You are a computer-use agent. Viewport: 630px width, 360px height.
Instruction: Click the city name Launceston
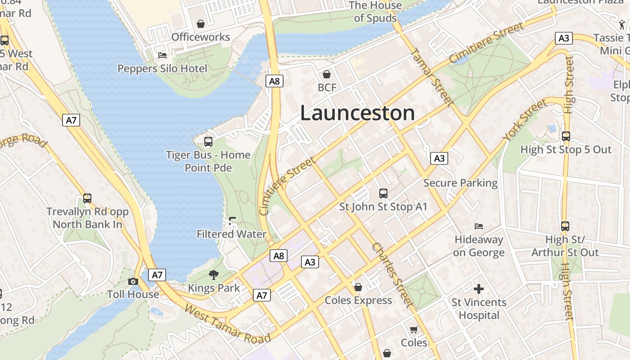(x=357, y=113)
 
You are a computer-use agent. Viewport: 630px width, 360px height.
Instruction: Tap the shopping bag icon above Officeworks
(x=201, y=23)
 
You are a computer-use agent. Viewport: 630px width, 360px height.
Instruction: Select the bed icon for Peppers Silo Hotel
(x=162, y=55)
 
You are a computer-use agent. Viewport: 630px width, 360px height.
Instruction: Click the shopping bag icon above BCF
(x=327, y=74)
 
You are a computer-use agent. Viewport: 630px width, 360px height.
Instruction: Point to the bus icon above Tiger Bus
(x=208, y=142)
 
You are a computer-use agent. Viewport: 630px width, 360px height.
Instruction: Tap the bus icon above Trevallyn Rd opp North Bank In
(x=87, y=198)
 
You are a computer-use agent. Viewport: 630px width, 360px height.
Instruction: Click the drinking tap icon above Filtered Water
(x=232, y=220)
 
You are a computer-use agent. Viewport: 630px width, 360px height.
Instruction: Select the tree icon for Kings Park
(x=214, y=274)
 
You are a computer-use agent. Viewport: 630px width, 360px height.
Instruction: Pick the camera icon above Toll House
(x=133, y=281)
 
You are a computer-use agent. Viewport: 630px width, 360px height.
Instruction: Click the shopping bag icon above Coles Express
(x=358, y=287)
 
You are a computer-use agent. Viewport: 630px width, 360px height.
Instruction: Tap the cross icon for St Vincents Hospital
(x=479, y=288)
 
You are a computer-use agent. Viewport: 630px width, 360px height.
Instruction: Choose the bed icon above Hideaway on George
(x=479, y=226)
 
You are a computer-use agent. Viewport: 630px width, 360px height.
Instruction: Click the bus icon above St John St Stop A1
(x=383, y=193)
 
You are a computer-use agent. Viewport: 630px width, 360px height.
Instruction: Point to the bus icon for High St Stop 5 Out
(x=566, y=136)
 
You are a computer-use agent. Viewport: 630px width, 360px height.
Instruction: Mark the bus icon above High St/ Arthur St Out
(x=565, y=226)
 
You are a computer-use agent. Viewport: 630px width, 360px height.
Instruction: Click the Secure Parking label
(x=460, y=183)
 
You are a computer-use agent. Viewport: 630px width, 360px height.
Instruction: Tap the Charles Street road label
(x=392, y=275)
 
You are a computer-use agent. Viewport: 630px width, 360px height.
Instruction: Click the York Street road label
(x=526, y=120)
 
